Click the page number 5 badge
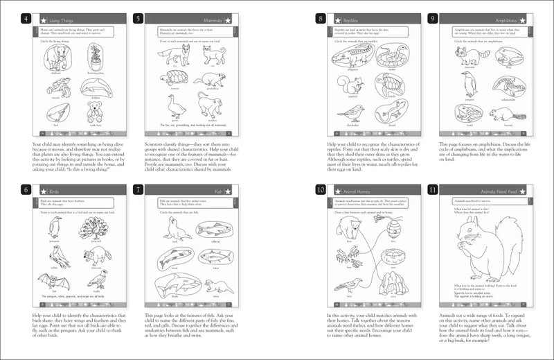[138, 19]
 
